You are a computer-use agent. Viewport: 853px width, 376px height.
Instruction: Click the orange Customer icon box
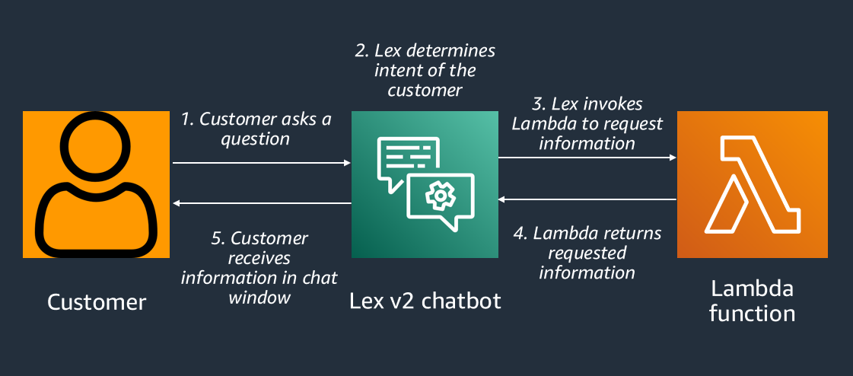point(96,185)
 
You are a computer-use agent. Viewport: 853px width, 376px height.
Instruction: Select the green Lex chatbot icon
point(424,185)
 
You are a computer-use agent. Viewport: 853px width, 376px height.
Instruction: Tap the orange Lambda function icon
point(752,185)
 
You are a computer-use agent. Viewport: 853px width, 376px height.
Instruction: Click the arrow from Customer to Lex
point(261,163)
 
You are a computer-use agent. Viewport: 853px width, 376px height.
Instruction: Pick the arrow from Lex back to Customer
point(261,203)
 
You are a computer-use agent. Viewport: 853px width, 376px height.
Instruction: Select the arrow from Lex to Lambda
point(587,158)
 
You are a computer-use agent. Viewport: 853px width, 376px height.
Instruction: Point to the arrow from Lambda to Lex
point(587,199)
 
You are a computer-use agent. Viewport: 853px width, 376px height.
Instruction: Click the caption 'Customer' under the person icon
point(97,302)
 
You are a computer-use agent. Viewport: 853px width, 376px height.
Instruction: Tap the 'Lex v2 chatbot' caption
point(425,301)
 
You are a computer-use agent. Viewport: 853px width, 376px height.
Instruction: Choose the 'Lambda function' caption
point(752,301)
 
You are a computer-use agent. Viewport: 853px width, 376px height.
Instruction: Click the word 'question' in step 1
point(256,140)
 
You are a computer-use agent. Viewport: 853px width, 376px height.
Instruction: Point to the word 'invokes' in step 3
point(615,104)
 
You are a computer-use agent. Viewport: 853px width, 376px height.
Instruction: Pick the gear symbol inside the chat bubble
point(439,197)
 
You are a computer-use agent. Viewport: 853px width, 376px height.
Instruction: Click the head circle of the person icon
point(96,148)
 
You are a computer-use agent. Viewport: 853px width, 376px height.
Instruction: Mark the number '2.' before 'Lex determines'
point(363,51)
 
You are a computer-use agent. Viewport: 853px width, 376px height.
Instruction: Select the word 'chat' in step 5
point(320,278)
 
